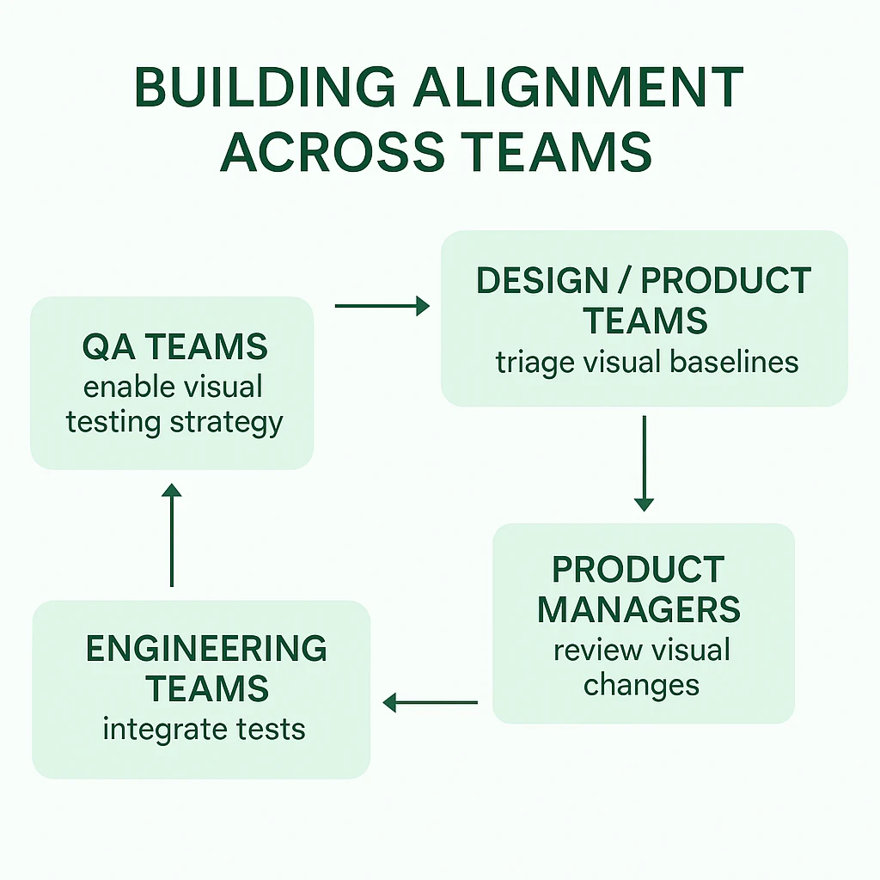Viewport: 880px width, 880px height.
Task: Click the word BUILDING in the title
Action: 265,87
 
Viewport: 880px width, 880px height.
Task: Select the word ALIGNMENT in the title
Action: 578,87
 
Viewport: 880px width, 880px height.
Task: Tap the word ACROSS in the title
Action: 333,151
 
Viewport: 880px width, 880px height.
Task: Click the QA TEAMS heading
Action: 175,346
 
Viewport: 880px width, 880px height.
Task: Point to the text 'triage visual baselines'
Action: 647,363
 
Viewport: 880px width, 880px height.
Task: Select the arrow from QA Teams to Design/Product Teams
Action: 382,306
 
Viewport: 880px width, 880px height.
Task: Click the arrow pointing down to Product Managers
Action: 645,463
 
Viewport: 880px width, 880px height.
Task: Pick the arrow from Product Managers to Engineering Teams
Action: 430,702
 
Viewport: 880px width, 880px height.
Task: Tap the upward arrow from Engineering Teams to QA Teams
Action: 172,535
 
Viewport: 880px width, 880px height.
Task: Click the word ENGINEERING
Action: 206,649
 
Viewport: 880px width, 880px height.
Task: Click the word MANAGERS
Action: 639,609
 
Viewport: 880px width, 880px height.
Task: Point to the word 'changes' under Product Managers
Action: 641,686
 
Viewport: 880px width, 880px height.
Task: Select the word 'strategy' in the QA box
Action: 227,423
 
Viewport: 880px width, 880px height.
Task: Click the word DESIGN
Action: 542,280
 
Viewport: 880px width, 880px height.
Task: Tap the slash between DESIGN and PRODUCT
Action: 625,280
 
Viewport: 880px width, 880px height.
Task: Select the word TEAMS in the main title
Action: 559,151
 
